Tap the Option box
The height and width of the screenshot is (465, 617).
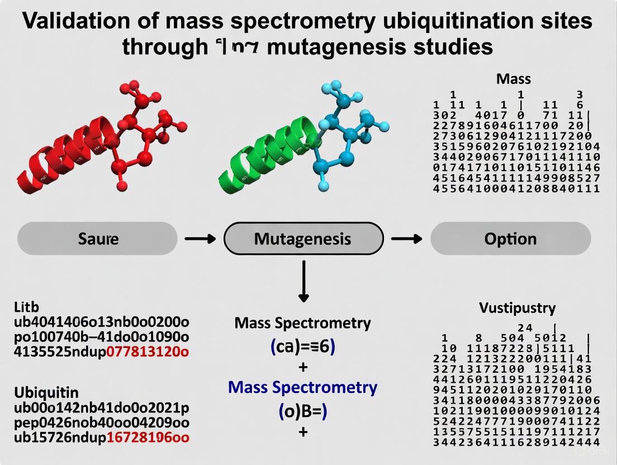click(510, 239)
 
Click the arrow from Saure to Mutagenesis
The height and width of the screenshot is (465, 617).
click(200, 239)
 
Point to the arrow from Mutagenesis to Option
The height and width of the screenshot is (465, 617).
click(406, 239)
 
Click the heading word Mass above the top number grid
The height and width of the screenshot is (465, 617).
click(513, 79)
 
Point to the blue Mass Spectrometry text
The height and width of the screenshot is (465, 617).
click(302, 387)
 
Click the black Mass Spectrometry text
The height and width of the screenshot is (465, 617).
click(302, 323)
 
